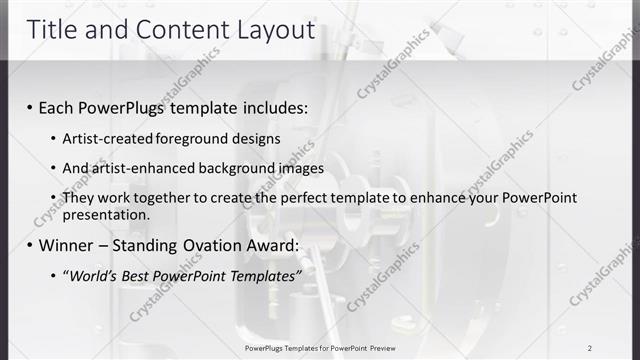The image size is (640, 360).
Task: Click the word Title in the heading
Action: coord(52,30)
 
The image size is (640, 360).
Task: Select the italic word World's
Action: coord(93,275)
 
